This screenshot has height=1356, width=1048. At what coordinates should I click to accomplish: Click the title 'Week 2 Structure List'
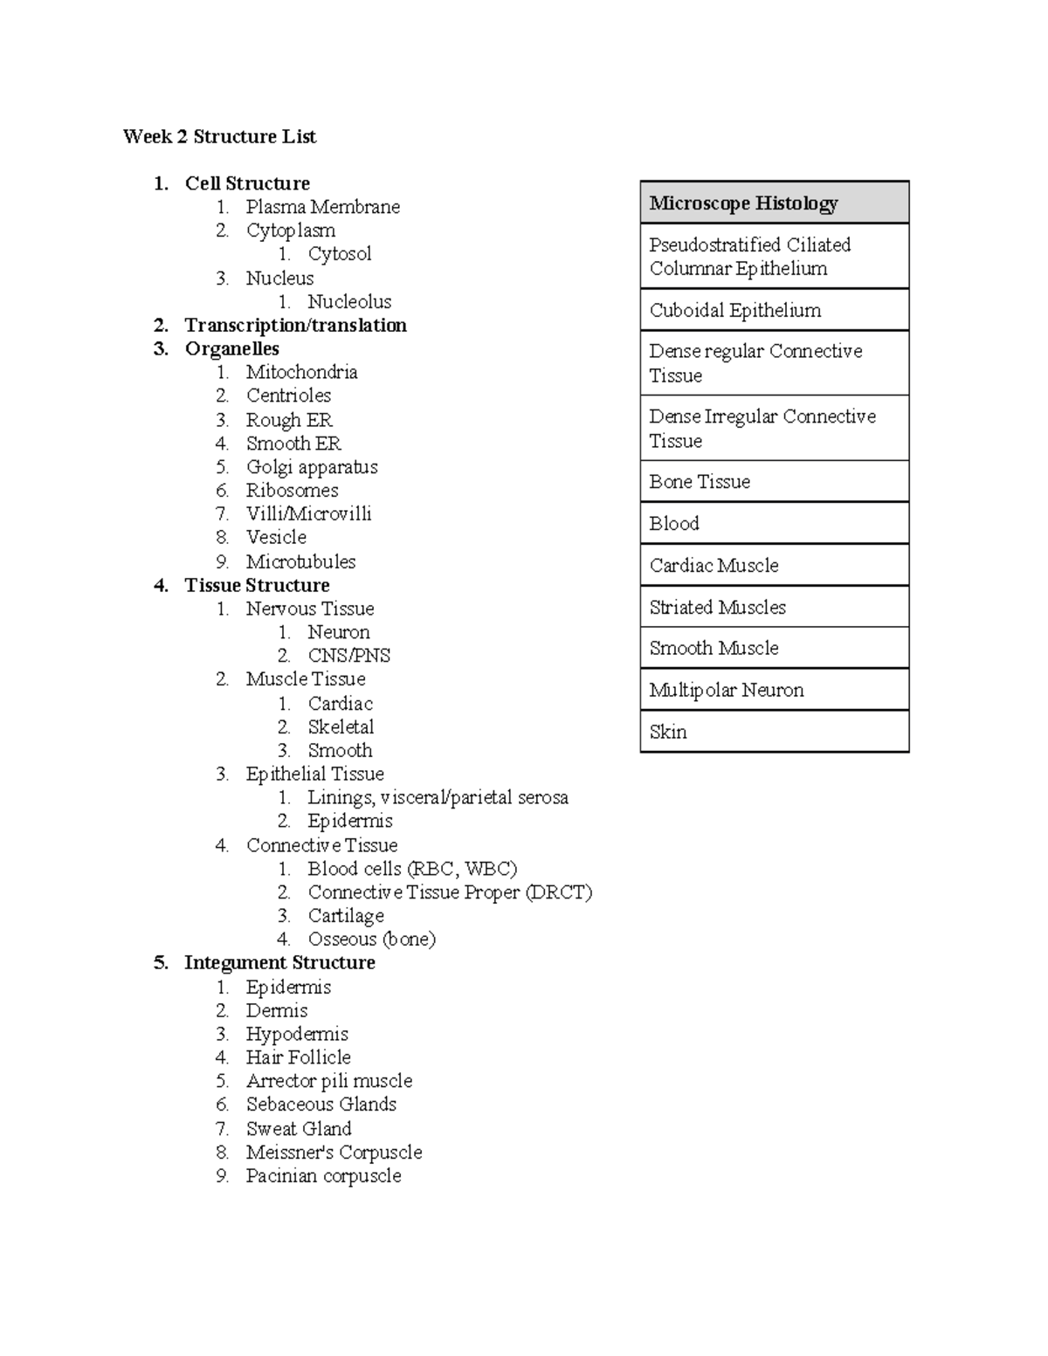219,136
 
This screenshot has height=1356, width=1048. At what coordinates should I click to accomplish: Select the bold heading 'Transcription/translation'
295,325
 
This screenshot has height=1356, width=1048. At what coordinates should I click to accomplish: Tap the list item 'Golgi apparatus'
312,467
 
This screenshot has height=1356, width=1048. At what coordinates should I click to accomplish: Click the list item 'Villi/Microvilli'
308,513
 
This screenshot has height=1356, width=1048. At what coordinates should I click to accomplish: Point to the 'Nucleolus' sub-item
349,301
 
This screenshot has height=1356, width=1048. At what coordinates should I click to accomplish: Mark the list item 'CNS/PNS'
348,656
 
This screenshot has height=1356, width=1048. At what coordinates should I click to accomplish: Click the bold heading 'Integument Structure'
279,962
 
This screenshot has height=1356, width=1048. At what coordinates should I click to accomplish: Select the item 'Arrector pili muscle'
328,1081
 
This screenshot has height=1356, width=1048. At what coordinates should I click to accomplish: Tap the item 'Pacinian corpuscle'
323,1175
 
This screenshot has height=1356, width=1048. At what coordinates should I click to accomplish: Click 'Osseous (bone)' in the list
371,940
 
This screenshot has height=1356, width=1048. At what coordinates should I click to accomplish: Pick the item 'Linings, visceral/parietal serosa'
438,797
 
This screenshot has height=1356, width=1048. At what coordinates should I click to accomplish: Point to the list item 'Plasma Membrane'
322,207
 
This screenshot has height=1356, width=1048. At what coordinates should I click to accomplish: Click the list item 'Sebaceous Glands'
321,1105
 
